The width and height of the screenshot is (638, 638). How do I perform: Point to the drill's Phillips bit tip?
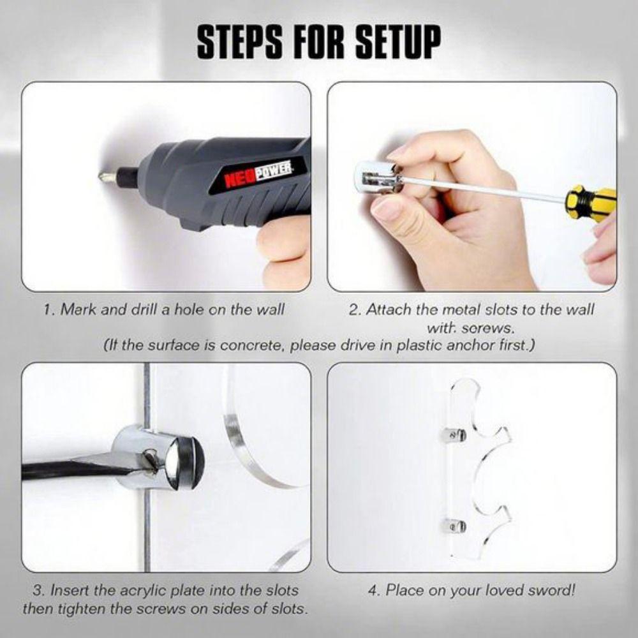point(103,176)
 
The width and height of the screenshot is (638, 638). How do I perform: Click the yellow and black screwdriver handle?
point(593,202)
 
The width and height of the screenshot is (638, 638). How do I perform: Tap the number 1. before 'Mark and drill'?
point(50,309)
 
